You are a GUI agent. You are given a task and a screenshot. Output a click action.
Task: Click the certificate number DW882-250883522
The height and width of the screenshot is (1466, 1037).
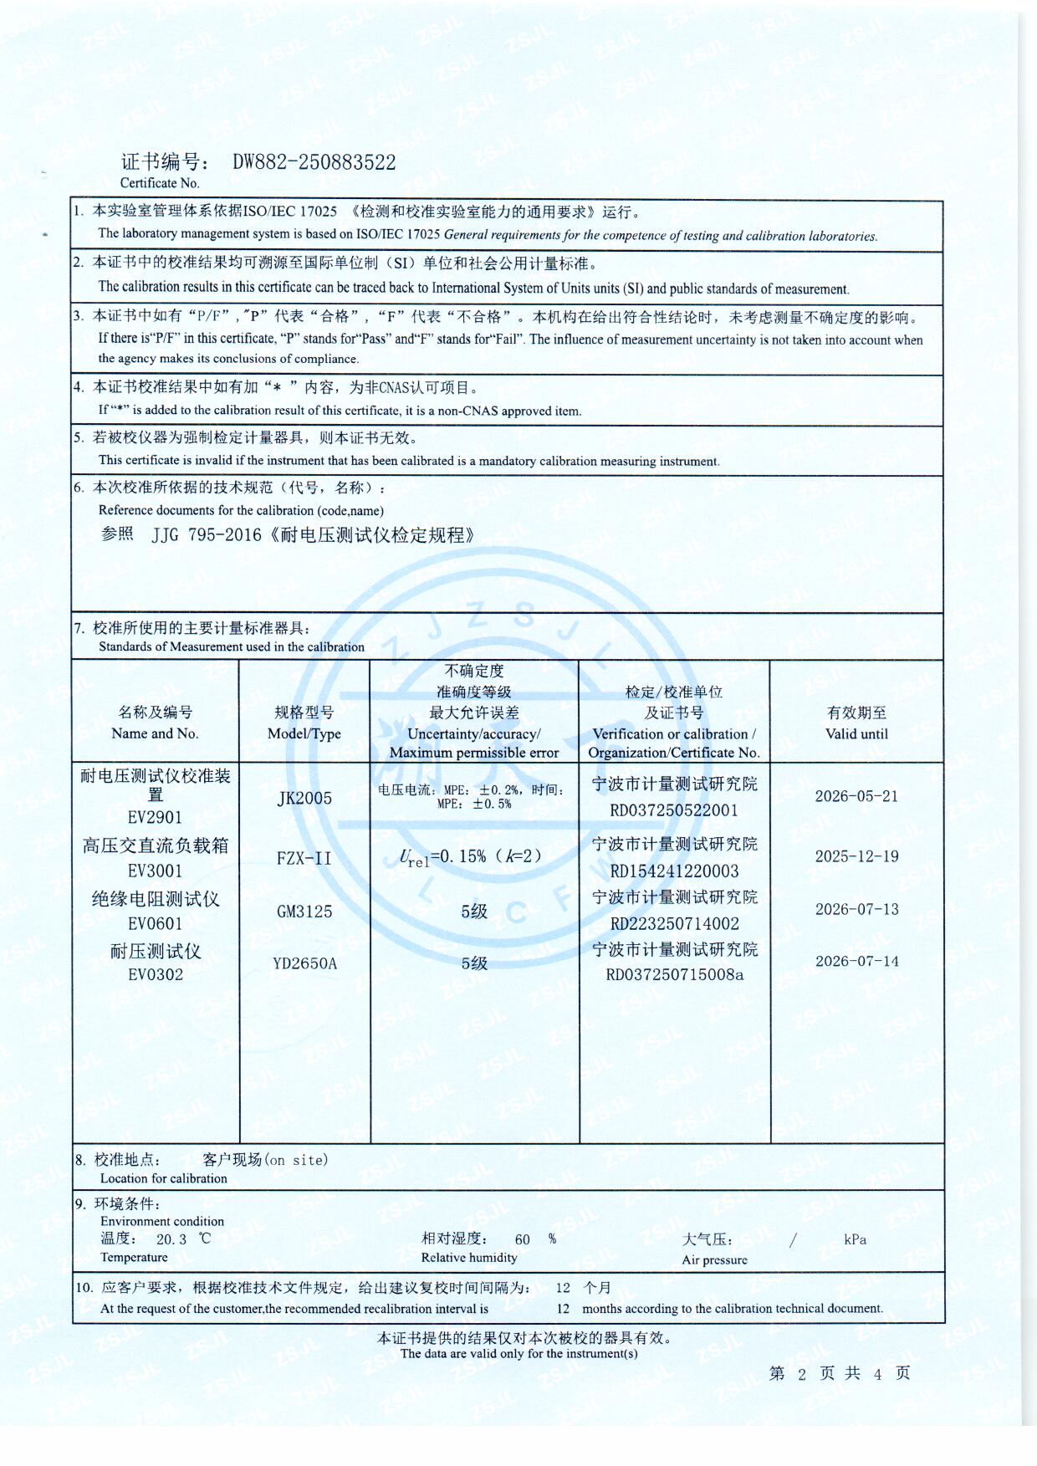point(314,162)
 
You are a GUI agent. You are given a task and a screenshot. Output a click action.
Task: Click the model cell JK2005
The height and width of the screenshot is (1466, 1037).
point(304,798)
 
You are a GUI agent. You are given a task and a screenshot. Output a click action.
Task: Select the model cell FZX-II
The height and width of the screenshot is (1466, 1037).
point(304,858)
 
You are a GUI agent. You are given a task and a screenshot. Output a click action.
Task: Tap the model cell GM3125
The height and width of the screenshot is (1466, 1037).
point(304,912)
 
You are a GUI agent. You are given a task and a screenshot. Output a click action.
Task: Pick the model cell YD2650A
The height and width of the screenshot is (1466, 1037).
point(304,963)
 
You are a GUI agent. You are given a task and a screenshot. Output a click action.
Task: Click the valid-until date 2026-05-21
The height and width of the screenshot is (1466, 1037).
point(856,796)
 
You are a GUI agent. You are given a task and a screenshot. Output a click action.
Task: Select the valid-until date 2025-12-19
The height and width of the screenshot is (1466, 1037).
point(856,856)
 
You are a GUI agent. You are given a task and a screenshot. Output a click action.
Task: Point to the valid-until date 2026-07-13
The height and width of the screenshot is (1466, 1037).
point(856,909)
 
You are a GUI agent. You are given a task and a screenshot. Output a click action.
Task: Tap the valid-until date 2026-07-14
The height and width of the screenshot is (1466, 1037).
point(856,962)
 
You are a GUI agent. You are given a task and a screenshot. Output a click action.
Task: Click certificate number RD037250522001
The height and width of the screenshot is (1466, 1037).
point(674,810)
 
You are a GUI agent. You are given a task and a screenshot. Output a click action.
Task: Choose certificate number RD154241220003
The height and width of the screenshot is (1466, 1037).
point(674,871)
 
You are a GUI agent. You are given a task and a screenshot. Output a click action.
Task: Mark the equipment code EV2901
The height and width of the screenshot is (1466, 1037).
point(155,817)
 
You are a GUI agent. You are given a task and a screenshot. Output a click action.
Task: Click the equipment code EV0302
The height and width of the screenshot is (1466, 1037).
point(155,974)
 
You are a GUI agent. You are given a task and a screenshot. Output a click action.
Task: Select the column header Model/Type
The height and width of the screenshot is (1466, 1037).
point(304,733)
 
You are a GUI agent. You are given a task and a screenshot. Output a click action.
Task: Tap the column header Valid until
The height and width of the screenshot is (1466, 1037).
point(856,733)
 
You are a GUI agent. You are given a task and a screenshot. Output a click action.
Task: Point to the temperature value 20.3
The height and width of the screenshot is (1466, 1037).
point(171,1239)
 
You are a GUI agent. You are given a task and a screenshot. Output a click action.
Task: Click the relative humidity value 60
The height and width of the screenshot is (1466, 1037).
point(523,1239)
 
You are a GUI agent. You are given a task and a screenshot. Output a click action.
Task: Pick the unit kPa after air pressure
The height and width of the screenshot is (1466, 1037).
point(855,1239)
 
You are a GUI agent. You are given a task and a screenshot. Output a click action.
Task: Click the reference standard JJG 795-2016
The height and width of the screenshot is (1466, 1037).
point(207,535)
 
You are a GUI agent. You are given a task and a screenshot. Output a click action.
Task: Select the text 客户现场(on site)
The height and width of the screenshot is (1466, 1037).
point(265,1160)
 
